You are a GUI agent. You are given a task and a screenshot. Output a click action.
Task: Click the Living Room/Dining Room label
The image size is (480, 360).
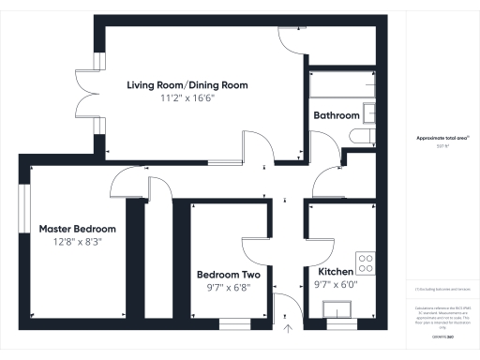point(187,84)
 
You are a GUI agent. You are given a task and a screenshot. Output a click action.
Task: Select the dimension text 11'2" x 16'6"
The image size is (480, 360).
point(187,97)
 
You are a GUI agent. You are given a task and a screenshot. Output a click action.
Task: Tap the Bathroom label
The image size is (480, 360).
point(337,115)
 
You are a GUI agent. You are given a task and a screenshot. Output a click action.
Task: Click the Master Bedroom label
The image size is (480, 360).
point(77,229)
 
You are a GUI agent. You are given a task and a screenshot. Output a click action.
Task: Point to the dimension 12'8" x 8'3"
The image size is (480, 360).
point(77,241)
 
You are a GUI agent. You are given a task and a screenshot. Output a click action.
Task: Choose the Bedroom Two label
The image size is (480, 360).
point(228,275)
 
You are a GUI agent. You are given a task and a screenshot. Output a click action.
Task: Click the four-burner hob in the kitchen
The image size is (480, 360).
point(366,262)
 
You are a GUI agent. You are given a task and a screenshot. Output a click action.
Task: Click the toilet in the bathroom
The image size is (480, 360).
point(361,137)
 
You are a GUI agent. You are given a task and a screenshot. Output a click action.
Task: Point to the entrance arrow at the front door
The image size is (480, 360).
point(288,328)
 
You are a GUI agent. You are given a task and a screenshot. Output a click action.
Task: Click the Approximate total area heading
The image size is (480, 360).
point(442,138)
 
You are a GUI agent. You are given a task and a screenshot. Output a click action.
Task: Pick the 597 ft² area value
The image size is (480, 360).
point(442,146)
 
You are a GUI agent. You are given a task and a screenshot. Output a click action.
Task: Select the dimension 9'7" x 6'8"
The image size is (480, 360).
point(228,287)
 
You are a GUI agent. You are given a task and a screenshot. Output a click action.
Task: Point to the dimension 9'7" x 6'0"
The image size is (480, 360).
point(334,284)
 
